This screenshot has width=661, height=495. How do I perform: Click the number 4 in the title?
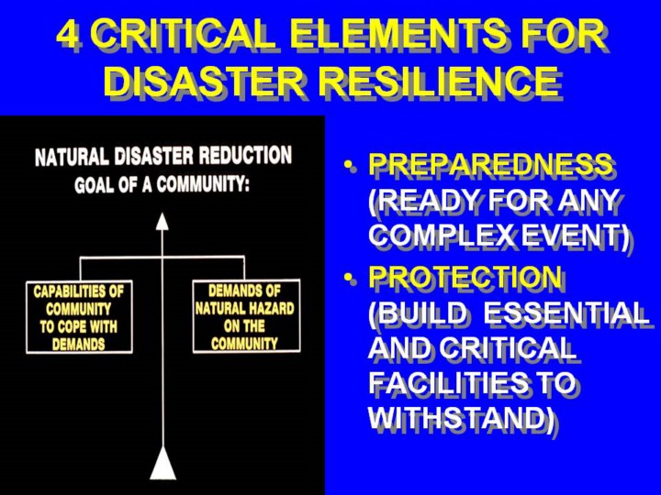(68, 34)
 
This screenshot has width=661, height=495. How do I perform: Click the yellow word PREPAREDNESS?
(490, 164)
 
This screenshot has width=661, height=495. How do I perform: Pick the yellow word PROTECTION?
(465, 277)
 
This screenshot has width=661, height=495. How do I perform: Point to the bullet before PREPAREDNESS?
(348, 165)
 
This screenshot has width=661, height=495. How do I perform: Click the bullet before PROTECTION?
(348, 278)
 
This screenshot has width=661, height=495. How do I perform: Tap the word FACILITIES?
(448, 382)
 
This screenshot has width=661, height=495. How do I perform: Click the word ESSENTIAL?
(566, 313)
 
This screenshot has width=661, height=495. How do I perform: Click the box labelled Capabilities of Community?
(79, 317)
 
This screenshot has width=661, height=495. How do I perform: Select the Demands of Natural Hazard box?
(246, 315)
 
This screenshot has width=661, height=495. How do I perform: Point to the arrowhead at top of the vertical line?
(162, 222)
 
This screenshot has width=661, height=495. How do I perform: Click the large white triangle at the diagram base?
(162, 463)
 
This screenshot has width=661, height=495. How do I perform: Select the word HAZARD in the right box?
(271, 309)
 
